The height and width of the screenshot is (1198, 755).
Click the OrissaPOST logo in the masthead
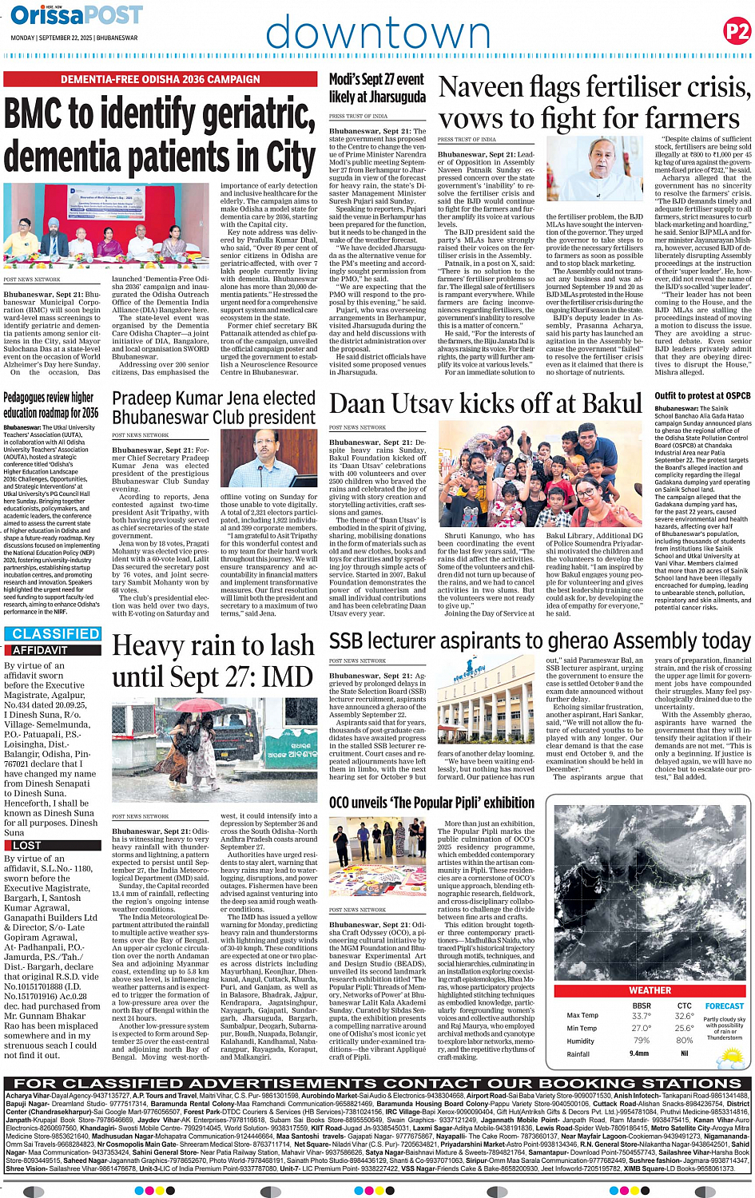click(77, 16)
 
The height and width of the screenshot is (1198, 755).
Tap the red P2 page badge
click(736, 31)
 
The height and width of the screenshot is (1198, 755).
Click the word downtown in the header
click(377, 34)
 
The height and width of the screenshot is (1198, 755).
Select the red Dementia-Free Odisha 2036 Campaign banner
click(161, 80)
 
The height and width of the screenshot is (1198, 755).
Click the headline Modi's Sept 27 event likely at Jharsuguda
click(377, 88)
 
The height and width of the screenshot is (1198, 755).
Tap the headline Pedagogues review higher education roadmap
click(51, 405)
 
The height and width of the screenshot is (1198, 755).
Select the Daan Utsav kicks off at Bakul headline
click(486, 404)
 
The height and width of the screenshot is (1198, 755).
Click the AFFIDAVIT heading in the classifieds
click(40, 650)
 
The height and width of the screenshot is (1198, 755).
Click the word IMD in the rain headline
click(285, 677)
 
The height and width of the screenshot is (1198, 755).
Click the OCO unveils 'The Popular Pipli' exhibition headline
click(432, 803)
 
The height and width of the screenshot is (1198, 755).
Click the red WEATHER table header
click(650, 990)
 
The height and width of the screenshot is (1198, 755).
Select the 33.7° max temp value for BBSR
click(641, 1016)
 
